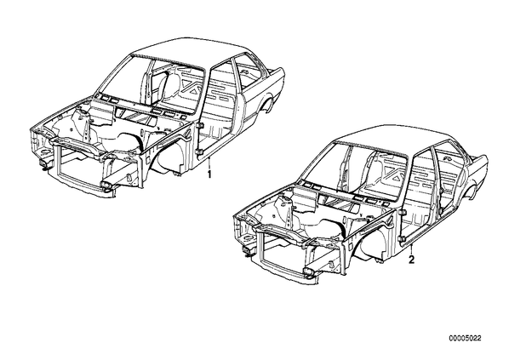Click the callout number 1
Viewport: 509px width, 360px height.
[x=209, y=174]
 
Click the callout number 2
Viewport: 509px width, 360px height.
[x=412, y=260]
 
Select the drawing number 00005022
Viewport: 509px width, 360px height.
[x=466, y=338]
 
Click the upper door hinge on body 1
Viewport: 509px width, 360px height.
[x=199, y=125]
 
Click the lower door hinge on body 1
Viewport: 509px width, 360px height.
[x=199, y=151]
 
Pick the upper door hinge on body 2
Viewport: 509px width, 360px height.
[x=403, y=212]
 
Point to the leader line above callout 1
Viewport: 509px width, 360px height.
[x=209, y=163]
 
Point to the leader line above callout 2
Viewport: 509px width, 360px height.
[x=412, y=249]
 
